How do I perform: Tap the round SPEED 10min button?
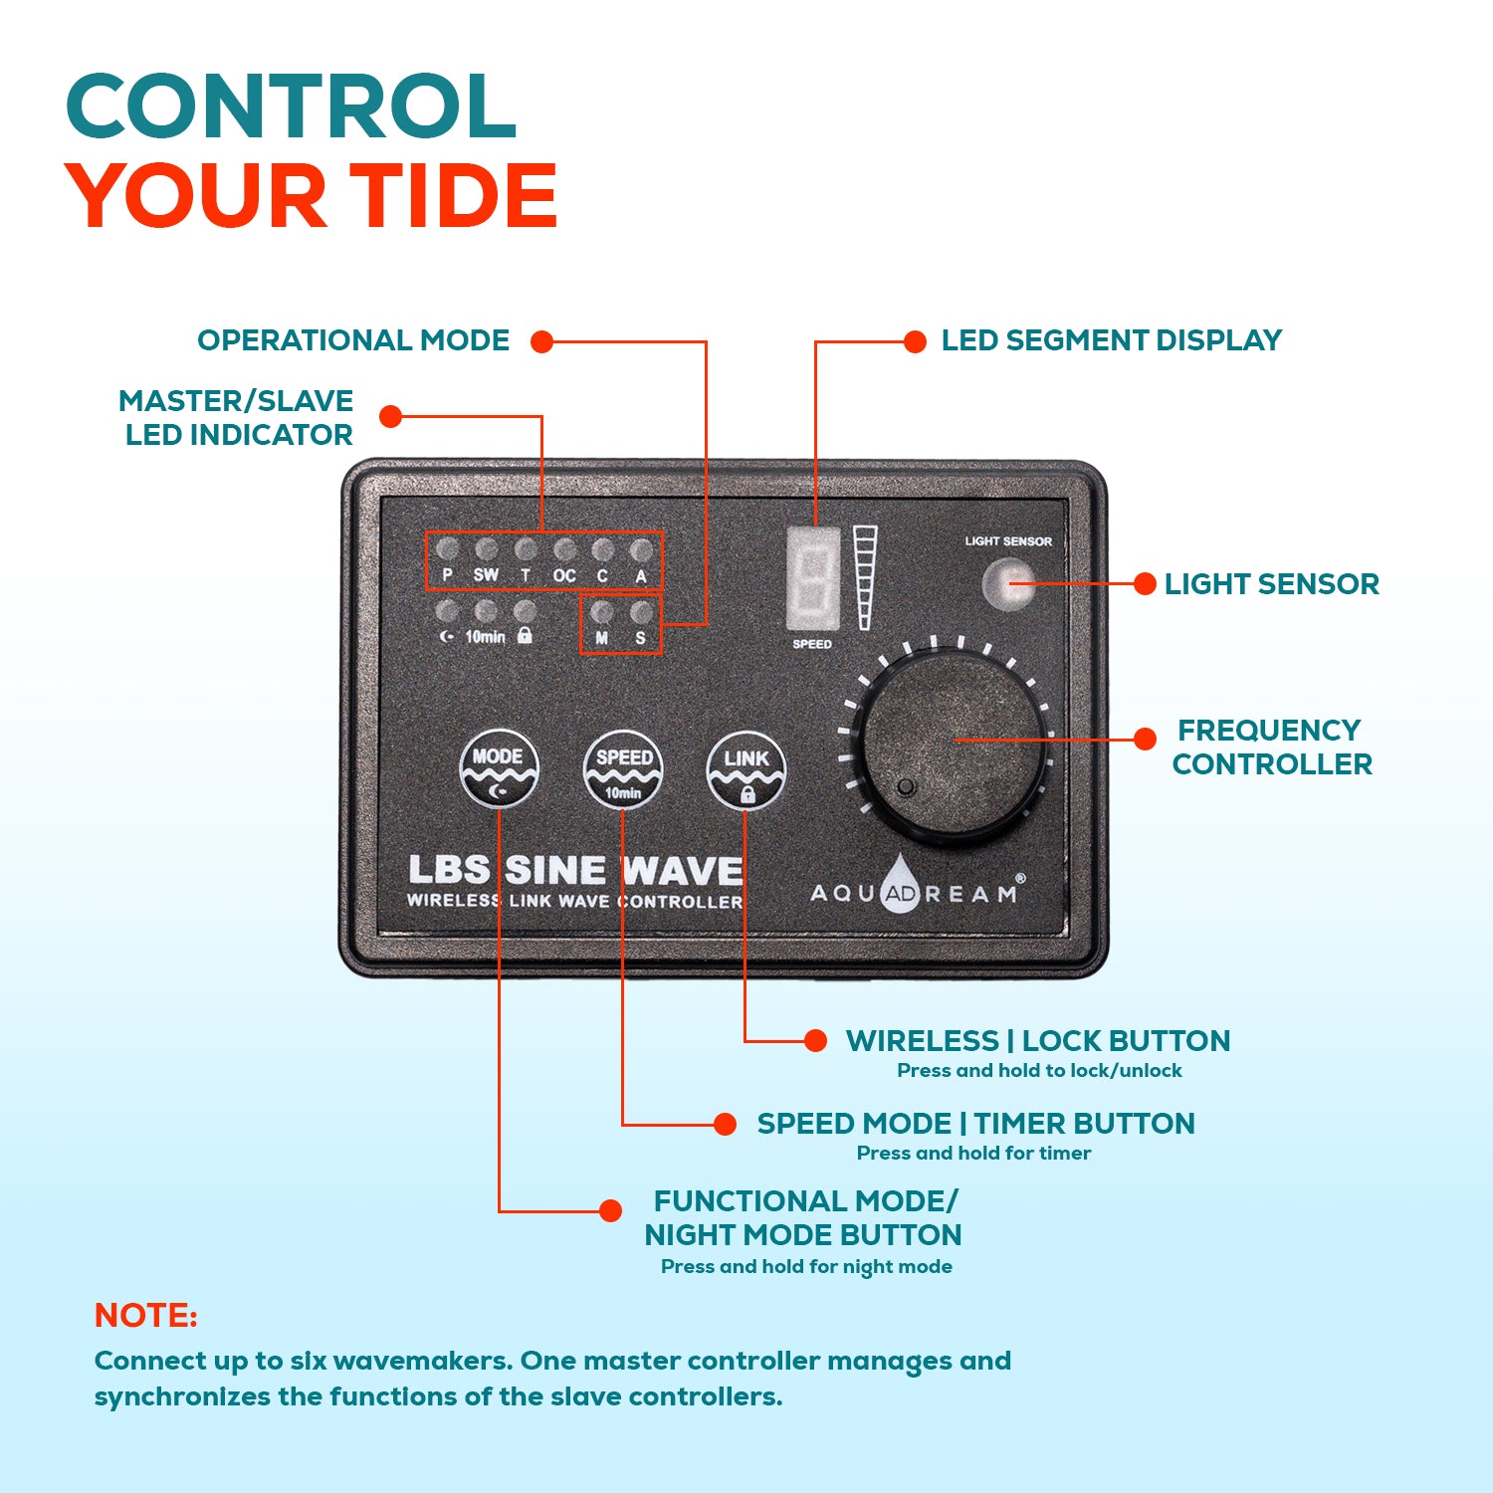pyautogui.click(x=623, y=770)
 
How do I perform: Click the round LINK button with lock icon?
pyautogui.click(x=746, y=770)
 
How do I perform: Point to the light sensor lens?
pyautogui.click(x=1007, y=584)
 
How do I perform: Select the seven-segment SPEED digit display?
pyautogui.click(x=813, y=578)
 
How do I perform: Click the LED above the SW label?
pyautogui.click(x=486, y=548)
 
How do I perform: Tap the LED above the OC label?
pyautogui.click(x=564, y=548)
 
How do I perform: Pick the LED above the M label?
pyautogui.click(x=601, y=610)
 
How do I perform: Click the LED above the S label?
pyautogui.click(x=641, y=610)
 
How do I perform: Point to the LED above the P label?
pyautogui.click(x=447, y=548)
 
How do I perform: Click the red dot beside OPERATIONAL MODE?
pyautogui.click(x=541, y=341)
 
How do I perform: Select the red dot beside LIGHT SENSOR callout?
pyautogui.click(x=1145, y=584)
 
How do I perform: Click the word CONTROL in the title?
pyautogui.click(x=291, y=107)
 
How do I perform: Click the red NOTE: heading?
pyautogui.click(x=145, y=1316)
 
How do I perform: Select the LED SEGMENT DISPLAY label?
pyautogui.click(x=1111, y=340)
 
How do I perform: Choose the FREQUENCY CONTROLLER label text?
pyautogui.click(x=1271, y=746)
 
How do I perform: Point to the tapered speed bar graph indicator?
pyautogui.click(x=864, y=578)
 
